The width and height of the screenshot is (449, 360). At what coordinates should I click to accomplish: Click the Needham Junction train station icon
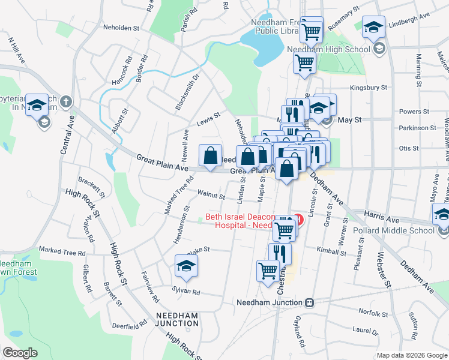point(310,302)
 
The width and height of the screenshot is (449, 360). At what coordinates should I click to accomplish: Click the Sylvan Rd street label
point(187,292)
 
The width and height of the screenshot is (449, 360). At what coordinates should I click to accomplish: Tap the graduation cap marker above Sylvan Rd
point(186,266)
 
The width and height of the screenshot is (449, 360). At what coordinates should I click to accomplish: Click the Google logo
point(20,353)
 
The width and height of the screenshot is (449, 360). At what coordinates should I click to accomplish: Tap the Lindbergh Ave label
point(414,28)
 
